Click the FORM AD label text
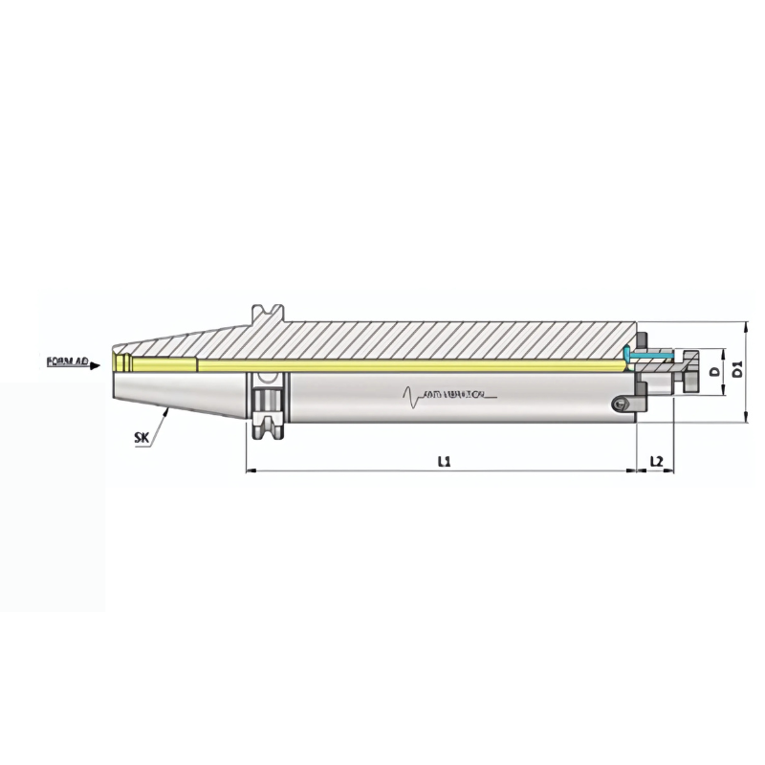pos(66,362)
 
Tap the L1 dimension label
pos(444,461)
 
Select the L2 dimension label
pos(656,461)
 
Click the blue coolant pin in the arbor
pos(650,356)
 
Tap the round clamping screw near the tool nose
pos(623,405)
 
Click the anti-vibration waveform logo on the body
pos(445,393)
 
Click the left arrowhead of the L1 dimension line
pos(251,470)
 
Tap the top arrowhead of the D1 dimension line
pos(745,326)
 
